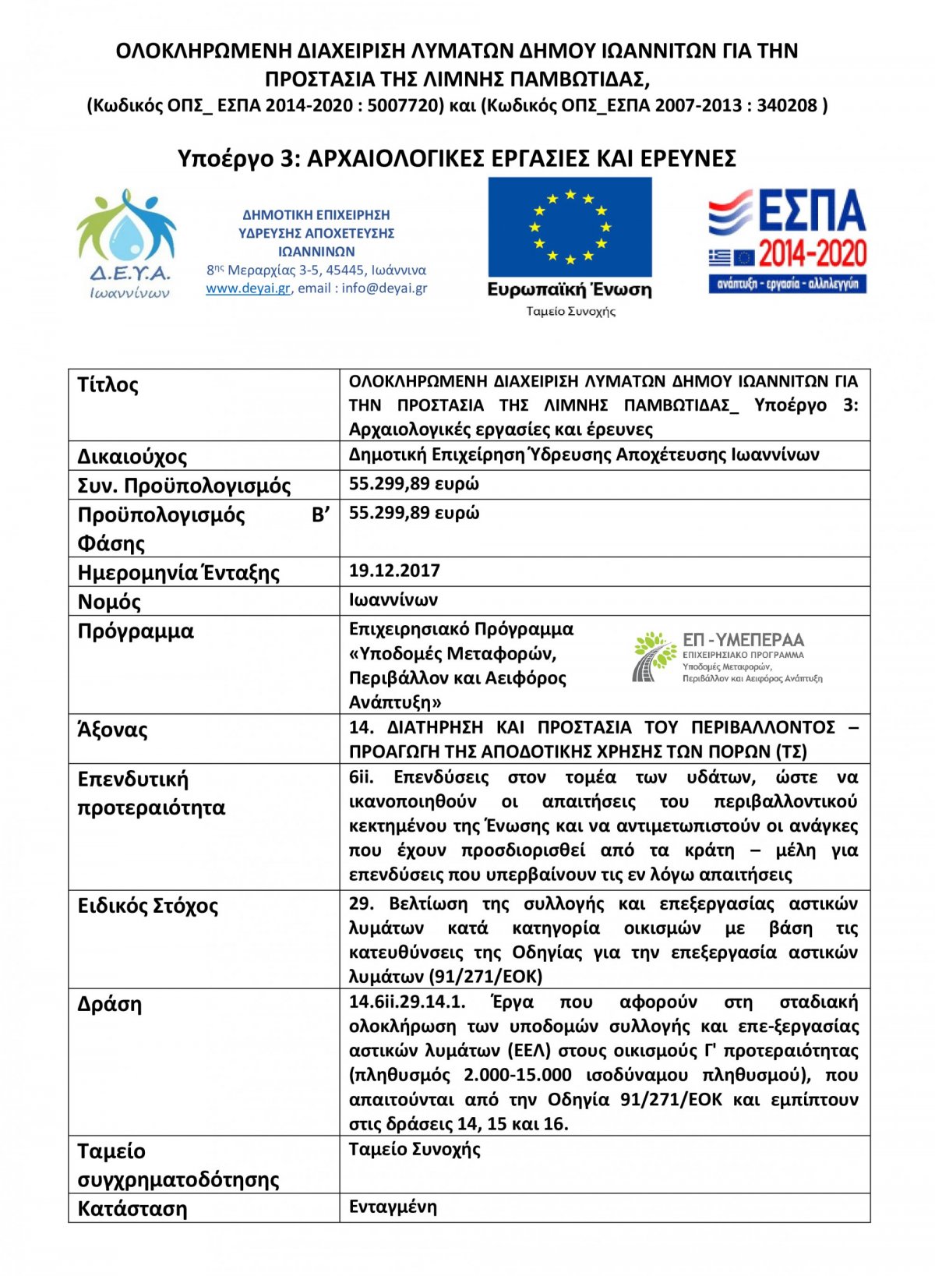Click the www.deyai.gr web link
[x=248, y=288]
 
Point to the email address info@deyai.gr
[x=384, y=288]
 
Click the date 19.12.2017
[x=394, y=571]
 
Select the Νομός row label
[x=109, y=602]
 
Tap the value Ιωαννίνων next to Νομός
[x=393, y=600]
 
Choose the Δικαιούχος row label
[x=132, y=456]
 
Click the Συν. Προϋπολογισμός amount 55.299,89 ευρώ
[x=414, y=484]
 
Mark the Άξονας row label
[x=112, y=730]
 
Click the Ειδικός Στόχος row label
[x=147, y=906]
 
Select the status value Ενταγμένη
[x=393, y=1207]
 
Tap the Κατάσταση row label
[x=132, y=1209]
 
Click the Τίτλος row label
[x=108, y=385]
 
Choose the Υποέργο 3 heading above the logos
[x=457, y=158]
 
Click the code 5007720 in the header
[x=405, y=105]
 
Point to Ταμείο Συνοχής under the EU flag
[x=570, y=312]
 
